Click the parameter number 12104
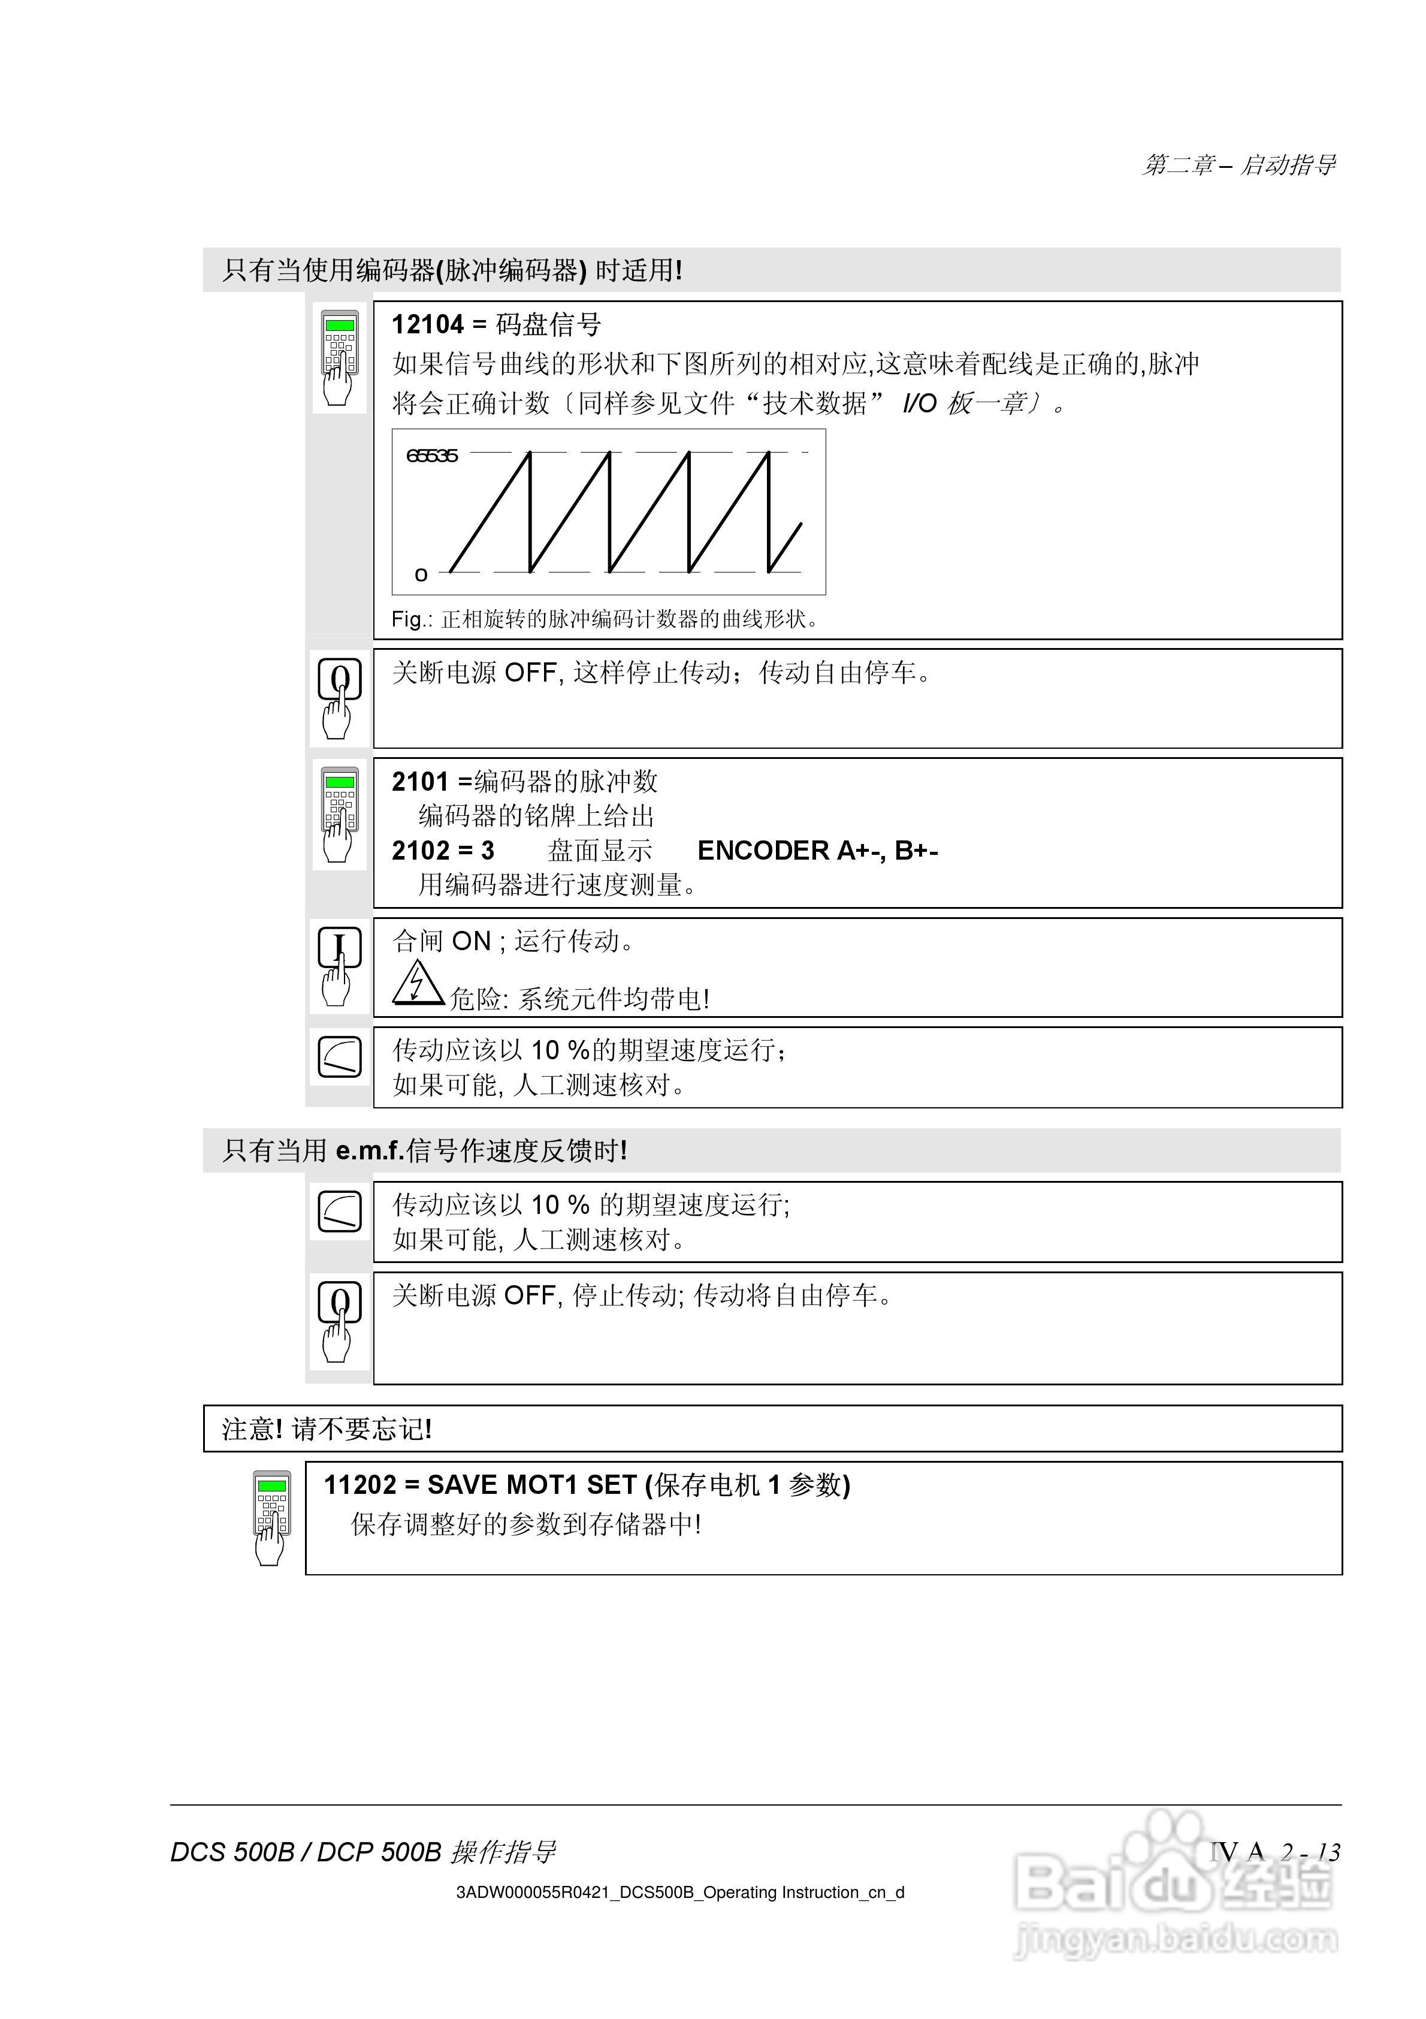pos(427,324)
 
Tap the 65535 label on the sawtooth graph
pos(431,456)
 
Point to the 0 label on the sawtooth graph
pos(420,575)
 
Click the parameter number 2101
pos(420,781)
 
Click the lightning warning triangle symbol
pos(418,983)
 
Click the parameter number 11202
pos(361,1485)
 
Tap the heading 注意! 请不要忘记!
pos(326,1429)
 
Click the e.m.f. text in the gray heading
pos(369,1150)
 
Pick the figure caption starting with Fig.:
pos(605,619)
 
